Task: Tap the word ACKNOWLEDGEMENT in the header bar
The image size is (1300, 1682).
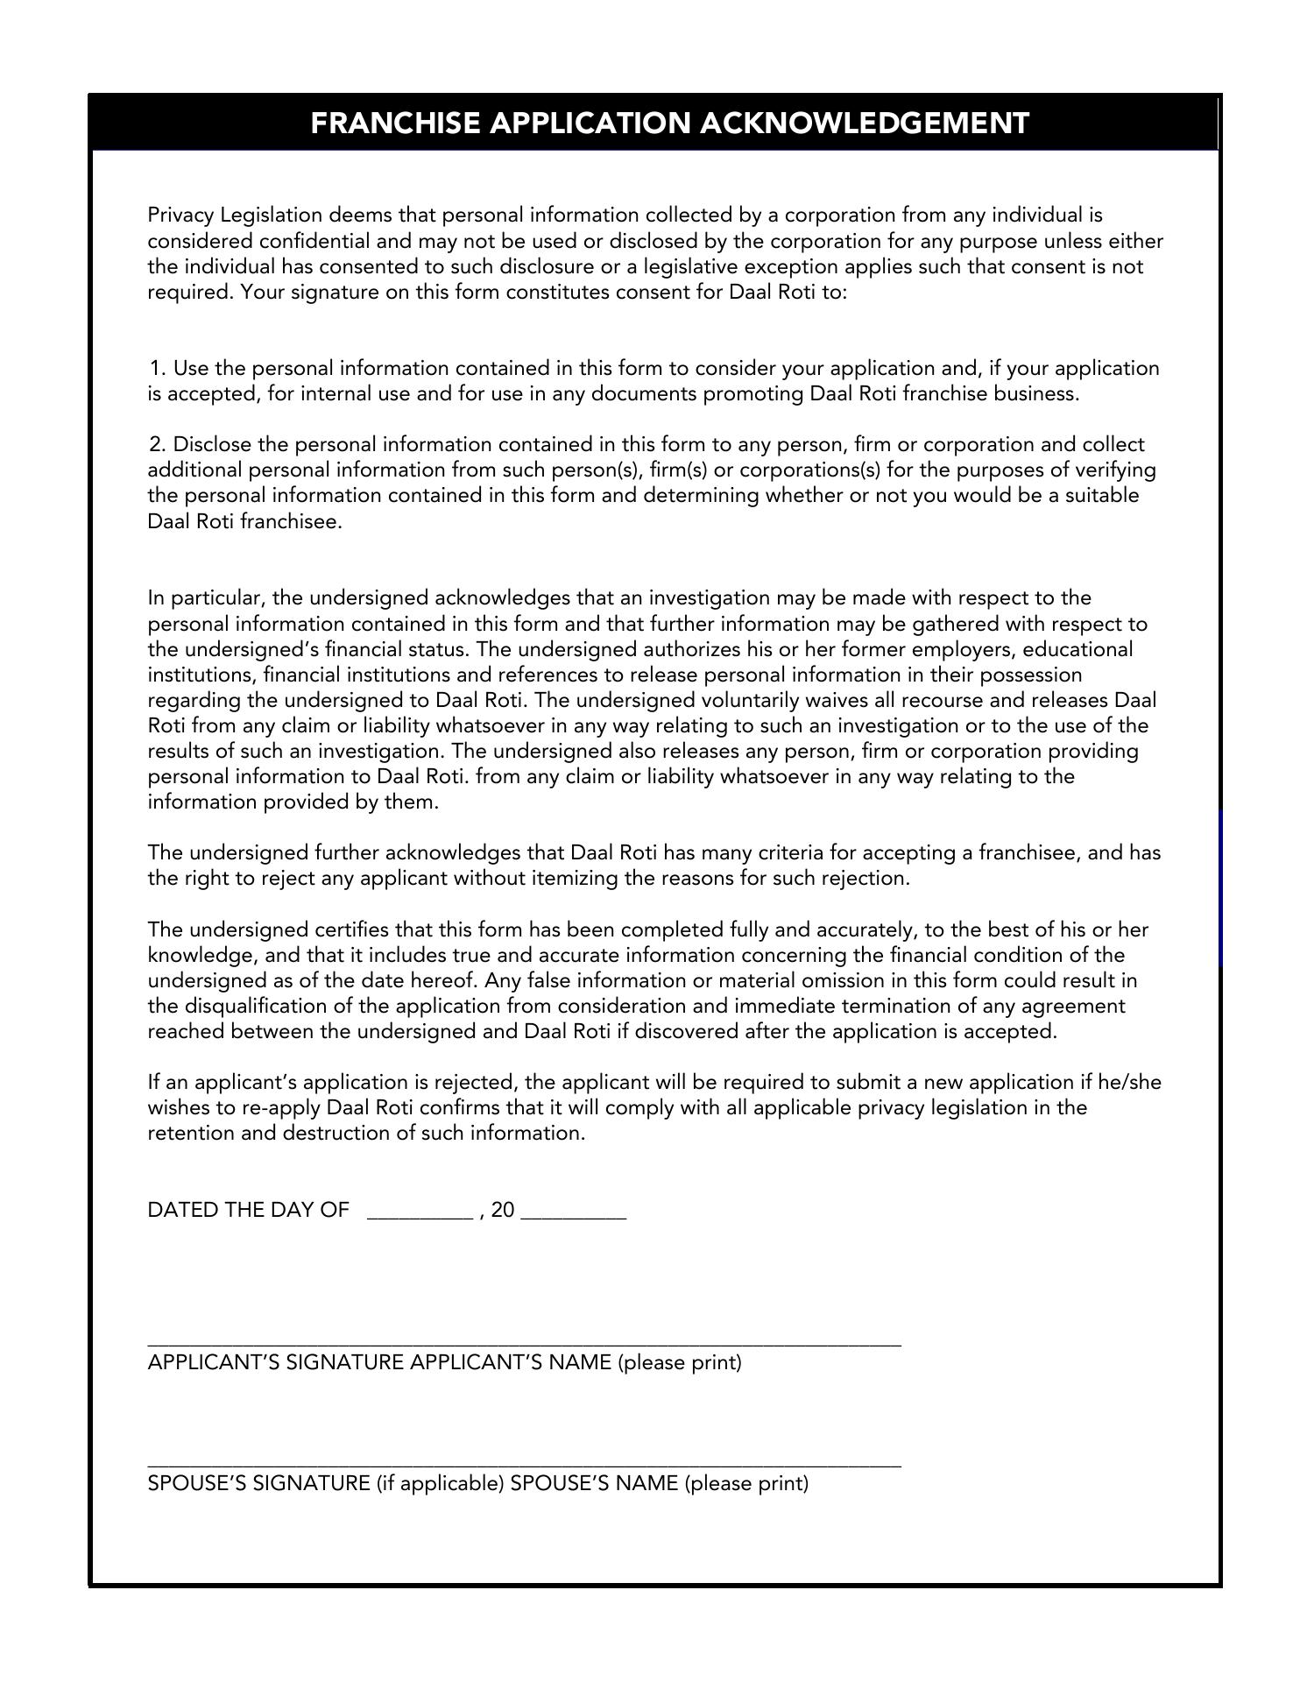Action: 865,124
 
